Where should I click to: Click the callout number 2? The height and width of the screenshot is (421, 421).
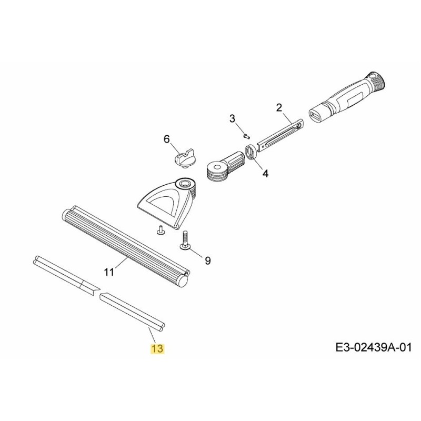point(279,108)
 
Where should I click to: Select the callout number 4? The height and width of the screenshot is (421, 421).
point(266,173)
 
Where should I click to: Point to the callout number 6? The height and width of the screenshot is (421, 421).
point(167,139)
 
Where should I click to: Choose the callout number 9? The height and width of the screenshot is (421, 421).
point(207,260)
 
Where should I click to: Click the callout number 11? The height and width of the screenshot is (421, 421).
point(109,272)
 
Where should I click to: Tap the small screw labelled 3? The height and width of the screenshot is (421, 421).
point(247,135)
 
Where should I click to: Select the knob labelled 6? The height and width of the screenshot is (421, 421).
point(183,157)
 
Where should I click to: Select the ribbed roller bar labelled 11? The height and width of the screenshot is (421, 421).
point(126,245)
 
